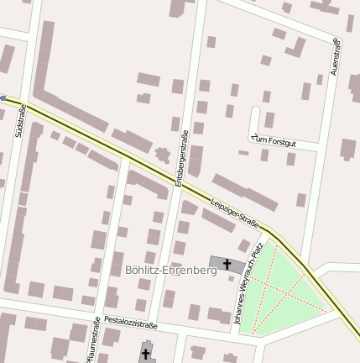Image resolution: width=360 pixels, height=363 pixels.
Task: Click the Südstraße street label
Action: [20, 121]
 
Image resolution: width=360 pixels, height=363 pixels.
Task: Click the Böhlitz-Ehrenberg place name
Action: [170, 271]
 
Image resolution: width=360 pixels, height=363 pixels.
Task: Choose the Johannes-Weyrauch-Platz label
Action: [250, 284]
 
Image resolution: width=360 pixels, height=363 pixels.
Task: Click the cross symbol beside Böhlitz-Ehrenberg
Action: [227, 265]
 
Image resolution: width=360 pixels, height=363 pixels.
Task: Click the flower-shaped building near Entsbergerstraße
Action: [162, 155]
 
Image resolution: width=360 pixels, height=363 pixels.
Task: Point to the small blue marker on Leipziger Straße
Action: [3, 98]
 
